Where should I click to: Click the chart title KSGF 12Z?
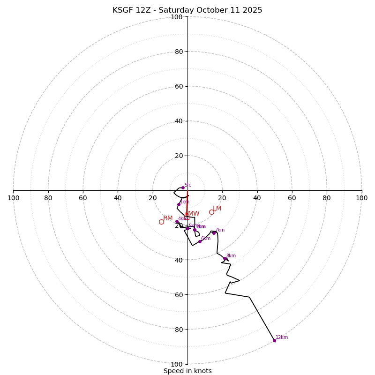(187, 10)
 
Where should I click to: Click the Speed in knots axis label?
(187, 371)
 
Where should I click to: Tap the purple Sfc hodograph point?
(183, 187)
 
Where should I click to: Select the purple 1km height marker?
(179, 204)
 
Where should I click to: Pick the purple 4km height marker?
(177, 221)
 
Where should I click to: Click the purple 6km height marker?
(200, 241)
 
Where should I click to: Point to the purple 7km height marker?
(214, 233)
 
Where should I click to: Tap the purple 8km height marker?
(225, 259)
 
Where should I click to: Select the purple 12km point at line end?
(274, 340)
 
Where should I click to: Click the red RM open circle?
(161, 222)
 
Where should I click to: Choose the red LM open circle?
(211, 212)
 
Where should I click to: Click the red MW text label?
(194, 214)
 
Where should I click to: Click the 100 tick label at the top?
(177, 17)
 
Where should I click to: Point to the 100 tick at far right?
(361, 198)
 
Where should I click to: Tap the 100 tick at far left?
(14, 198)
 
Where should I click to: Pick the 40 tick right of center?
(257, 198)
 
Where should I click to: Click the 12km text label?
(282, 337)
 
